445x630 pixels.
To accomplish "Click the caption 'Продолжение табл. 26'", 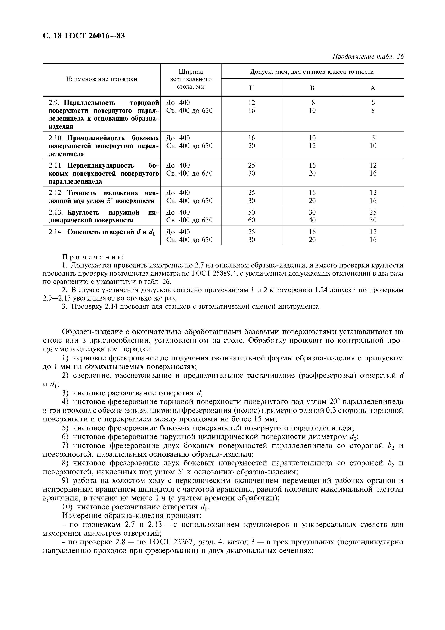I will pyautogui.click(x=368, y=57).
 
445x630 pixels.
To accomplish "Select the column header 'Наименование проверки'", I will pyautogui.click(x=102, y=79).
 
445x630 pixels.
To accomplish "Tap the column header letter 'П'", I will pyautogui.click(x=251, y=88).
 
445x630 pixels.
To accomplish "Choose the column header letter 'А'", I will pyautogui.click(x=373, y=88).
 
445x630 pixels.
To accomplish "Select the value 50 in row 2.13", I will pyautogui.click(x=251, y=212).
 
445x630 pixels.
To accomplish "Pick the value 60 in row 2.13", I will pyautogui.click(x=251, y=220).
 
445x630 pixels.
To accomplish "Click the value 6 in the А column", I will pyautogui.click(x=373, y=103).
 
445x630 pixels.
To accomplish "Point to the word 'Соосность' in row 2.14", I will pyautogui.click(x=84, y=232).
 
